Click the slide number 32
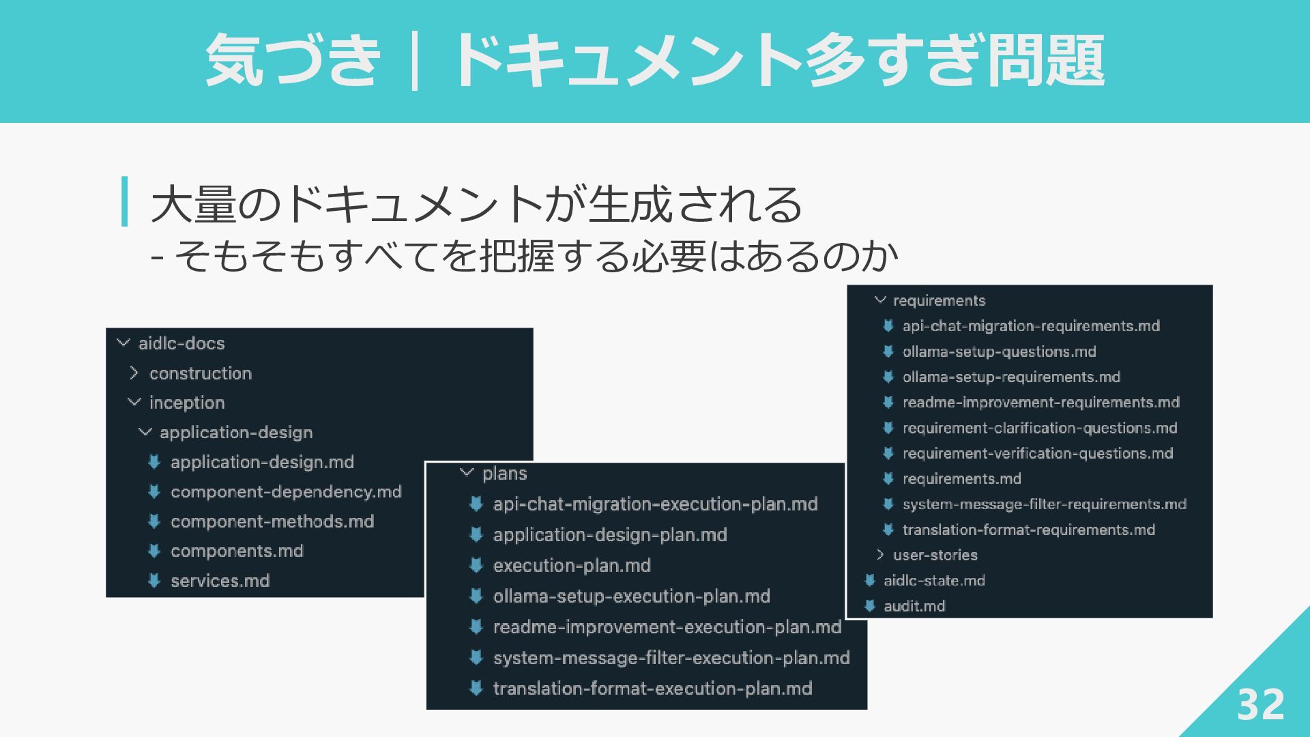(x=1260, y=704)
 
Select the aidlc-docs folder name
(x=181, y=343)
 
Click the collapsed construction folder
(x=201, y=373)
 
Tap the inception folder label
(x=187, y=403)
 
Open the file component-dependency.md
(x=286, y=491)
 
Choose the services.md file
(x=220, y=581)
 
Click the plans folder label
(x=505, y=474)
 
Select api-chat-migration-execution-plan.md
(x=655, y=504)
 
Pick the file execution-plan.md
(x=572, y=566)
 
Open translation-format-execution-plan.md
(x=652, y=689)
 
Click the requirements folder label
(x=939, y=301)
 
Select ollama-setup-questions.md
(x=999, y=352)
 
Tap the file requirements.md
(x=961, y=479)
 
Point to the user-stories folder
(x=935, y=555)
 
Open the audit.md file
(x=914, y=606)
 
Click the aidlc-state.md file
(x=934, y=581)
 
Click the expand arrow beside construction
(x=134, y=373)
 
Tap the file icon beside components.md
(x=154, y=551)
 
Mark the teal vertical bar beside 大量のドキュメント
(x=124, y=201)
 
